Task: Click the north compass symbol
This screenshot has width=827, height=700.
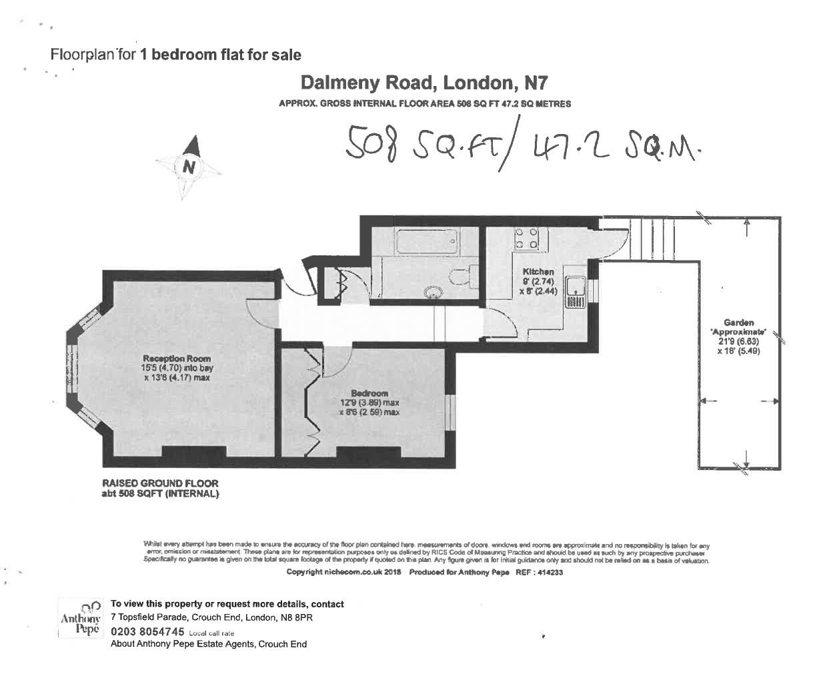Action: click(x=189, y=165)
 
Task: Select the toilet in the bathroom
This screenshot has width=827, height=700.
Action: click(x=462, y=275)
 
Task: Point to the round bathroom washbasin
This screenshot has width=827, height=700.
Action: click(x=434, y=291)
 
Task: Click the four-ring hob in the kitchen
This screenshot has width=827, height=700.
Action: click(x=526, y=239)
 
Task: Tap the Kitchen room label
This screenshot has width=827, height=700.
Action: click(x=538, y=271)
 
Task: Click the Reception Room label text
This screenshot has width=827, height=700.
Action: click(x=177, y=359)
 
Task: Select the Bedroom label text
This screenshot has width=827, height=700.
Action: click(x=369, y=393)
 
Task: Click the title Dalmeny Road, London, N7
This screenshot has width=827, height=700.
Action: click(x=424, y=83)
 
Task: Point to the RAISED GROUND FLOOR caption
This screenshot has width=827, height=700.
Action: click(x=159, y=483)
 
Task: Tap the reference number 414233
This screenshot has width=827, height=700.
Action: click(x=550, y=572)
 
